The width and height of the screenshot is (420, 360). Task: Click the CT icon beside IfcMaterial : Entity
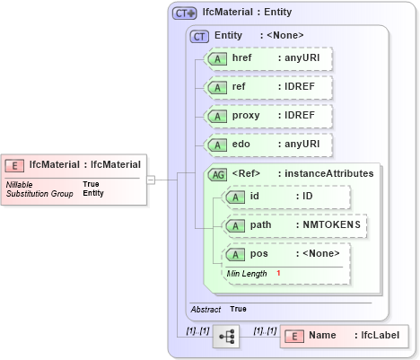click(185, 13)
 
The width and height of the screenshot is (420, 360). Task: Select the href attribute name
click(241, 58)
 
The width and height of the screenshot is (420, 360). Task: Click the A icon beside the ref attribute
click(216, 88)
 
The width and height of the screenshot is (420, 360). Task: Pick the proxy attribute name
click(246, 116)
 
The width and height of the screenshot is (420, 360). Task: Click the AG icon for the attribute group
click(216, 173)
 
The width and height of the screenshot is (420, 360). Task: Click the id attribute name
click(254, 197)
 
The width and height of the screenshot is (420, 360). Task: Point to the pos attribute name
click(258, 254)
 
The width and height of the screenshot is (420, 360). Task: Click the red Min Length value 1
click(278, 273)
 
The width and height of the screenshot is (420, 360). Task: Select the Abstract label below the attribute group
click(206, 309)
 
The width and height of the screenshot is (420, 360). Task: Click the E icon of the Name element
click(293, 336)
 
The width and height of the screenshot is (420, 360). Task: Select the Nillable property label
click(20, 184)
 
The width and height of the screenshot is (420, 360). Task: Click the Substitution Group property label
click(39, 193)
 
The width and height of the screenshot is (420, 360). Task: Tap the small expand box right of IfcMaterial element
click(152, 180)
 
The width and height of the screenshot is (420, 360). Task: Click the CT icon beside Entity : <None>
click(200, 35)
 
